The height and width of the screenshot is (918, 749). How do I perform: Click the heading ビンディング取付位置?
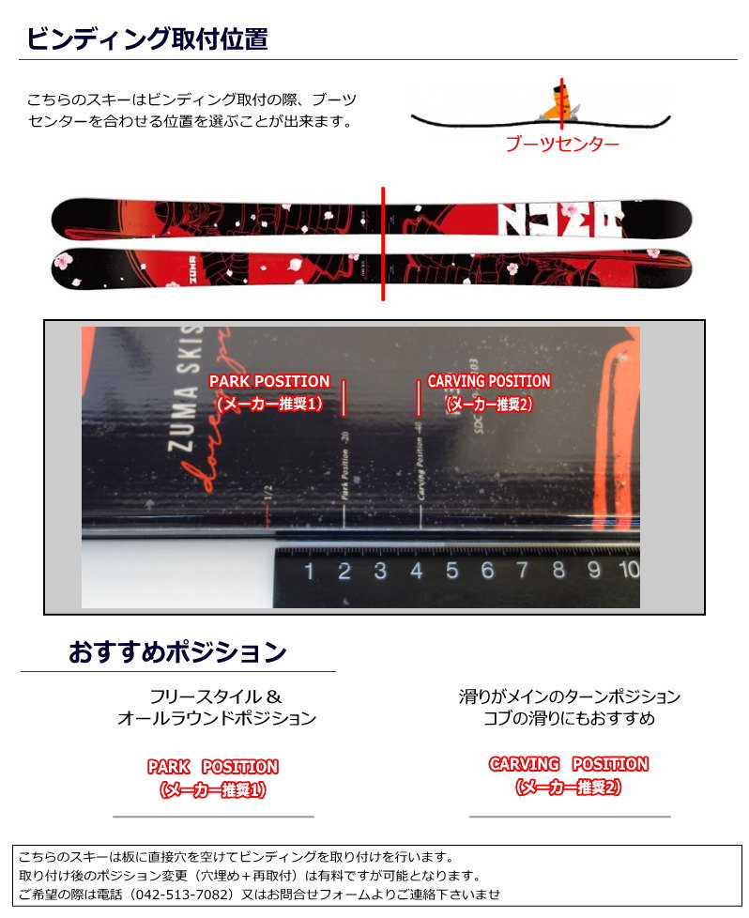pyautogui.click(x=146, y=38)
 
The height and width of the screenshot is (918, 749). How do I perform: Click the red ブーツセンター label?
pyautogui.click(x=561, y=145)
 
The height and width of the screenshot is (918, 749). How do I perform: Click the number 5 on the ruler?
pyautogui.click(x=451, y=569)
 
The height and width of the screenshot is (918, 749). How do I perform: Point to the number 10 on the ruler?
pyautogui.click(x=628, y=569)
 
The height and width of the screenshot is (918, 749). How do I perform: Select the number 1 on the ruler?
pyautogui.click(x=308, y=570)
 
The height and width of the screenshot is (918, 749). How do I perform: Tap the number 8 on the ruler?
pyautogui.click(x=558, y=569)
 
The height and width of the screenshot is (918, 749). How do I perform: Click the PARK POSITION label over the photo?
pyautogui.click(x=269, y=381)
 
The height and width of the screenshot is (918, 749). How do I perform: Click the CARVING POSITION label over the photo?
pyautogui.click(x=489, y=381)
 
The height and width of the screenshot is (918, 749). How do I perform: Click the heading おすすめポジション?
pyautogui.click(x=176, y=650)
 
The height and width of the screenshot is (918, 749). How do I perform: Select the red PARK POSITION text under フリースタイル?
pyautogui.click(x=213, y=767)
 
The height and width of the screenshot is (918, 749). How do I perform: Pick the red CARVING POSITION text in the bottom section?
pyautogui.click(x=569, y=764)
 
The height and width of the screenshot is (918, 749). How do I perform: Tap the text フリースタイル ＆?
pyautogui.click(x=216, y=696)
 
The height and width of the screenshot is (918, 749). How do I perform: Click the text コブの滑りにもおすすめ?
pyautogui.click(x=569, y=718)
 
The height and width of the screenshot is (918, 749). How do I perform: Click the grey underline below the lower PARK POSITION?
pyautogui.click(x=213, y=817)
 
